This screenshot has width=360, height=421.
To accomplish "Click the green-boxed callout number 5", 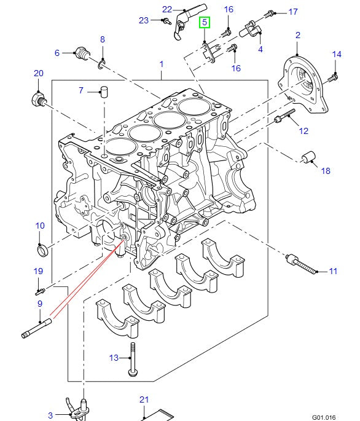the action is tap(205, 22).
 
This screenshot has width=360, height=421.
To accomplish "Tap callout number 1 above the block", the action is tap(162, 64).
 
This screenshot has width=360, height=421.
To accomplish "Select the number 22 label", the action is tap(167, 9).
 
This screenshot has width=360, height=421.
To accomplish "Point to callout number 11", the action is tap(333, 271).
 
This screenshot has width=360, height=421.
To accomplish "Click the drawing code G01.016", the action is tap(324, 417).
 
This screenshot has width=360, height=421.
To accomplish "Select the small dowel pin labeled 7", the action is tap(104, 92).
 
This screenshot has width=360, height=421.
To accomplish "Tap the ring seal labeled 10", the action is tap(42, 251).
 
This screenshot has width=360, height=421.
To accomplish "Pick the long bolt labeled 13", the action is tap(133, 360).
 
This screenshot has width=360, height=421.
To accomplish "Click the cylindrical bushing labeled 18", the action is tap(309, 157).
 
